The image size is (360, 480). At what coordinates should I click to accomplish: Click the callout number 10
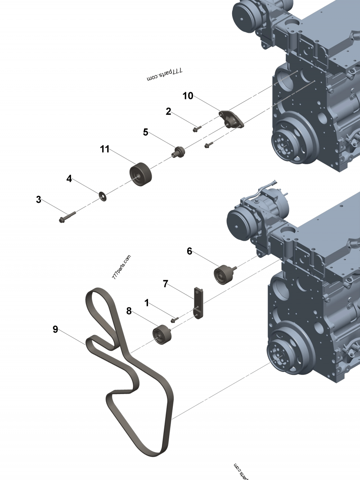tap(188, 95)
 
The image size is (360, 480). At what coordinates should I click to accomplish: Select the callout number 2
tap(168, 111)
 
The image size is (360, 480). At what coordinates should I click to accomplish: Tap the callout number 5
tap(145, 132)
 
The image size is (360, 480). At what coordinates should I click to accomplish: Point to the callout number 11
tap(105, 149)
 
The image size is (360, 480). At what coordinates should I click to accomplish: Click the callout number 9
tap(55, 329)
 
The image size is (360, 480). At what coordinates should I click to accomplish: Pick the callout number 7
tap(165, 283)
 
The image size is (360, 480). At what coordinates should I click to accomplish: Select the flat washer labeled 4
tap(103, 195)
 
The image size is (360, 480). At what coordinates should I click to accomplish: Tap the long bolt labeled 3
tap(67, 217)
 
